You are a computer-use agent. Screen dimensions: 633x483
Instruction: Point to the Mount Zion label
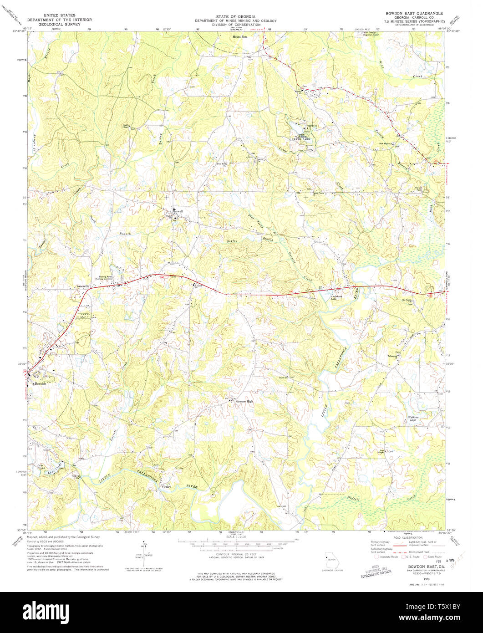pos(239,36)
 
